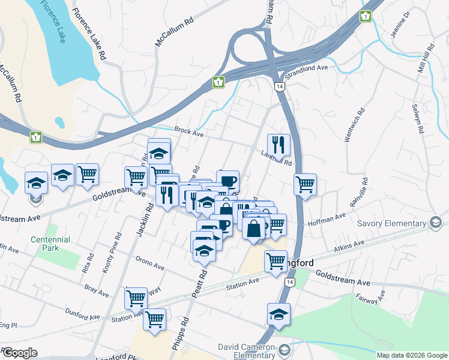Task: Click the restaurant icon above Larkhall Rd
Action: [x=279, y=145]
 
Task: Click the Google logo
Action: [x=19, y=353]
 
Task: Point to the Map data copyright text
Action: [x=412, y=355]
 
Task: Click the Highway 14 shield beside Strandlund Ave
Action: [x=279, y=86]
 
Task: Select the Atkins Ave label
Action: [x=349, y=245]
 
